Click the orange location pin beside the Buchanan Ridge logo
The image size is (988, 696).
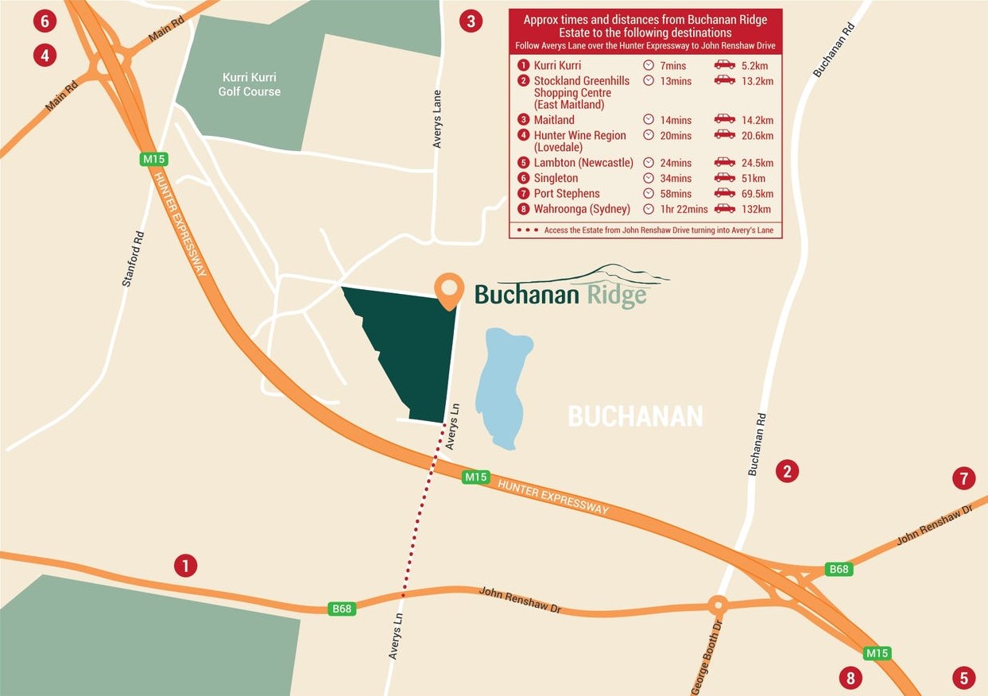pos(449,288)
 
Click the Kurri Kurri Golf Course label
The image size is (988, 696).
pos(250,84)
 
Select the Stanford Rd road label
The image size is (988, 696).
pos(134,258)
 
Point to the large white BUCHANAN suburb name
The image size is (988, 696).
pos(635,416)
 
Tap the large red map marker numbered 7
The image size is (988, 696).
pos(963,478)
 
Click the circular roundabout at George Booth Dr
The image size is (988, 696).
pos(718,606)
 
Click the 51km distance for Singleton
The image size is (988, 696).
pos(753,178)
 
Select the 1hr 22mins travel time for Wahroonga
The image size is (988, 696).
pos(684,209)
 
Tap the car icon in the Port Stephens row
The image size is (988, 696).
pos(724,193)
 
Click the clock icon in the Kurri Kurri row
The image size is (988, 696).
pos(649,65)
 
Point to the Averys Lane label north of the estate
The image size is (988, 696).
pos(437,118)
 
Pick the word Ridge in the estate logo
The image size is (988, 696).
pos(617,296)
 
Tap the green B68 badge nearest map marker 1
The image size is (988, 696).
pos(342,609)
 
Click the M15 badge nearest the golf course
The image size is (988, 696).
pos(153,159)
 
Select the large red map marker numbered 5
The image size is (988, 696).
pos(963,678)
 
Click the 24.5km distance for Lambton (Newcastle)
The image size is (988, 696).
pos(754,163)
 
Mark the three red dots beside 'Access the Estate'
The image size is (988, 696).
pos(527,230)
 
